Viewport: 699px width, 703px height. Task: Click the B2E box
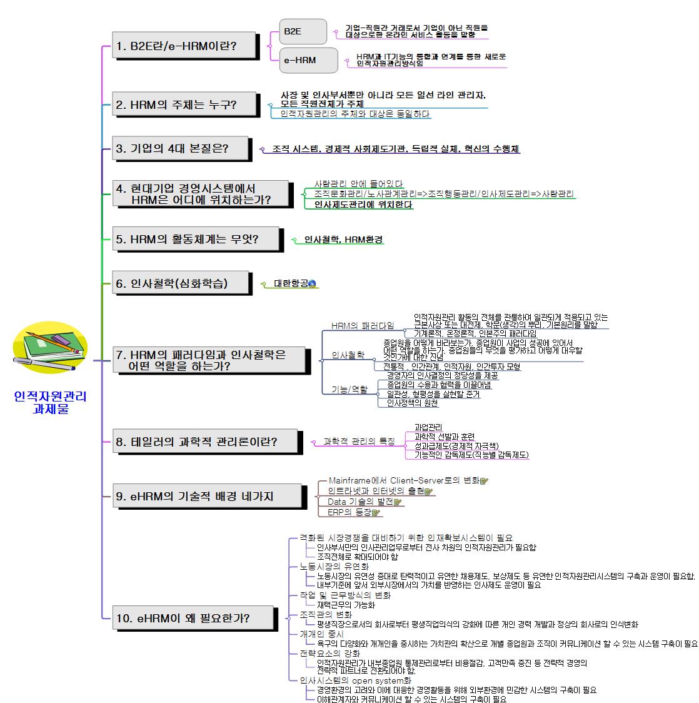[303, 31]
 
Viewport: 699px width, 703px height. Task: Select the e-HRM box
[308, 60]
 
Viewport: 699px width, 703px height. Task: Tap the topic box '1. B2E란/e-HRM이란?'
[185, 46]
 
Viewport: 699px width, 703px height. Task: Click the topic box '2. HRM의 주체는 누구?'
[185, 104]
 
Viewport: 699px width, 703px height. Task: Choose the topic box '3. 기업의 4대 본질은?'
[185, 149]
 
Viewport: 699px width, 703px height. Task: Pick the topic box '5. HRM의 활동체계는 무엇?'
[196, 239]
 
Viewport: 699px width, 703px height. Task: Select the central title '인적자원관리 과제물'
[50, 403]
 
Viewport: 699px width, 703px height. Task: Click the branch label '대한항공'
[291, 283]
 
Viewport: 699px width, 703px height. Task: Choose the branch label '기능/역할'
[349, 390]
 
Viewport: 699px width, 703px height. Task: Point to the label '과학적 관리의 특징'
[359, 442]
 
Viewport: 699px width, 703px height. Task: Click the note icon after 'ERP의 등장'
[376, 513]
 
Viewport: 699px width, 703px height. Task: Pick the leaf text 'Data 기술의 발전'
[360, 502]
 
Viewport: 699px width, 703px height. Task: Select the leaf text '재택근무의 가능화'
[346, 605]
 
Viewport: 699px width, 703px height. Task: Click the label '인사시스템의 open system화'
[355, 680]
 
